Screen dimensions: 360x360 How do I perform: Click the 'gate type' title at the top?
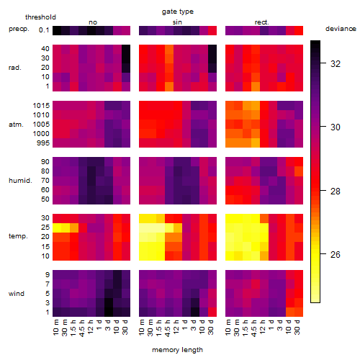pyautogui.click(x=178, y=12)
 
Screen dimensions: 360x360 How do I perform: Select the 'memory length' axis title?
pyautogui.click(x=178, y=350)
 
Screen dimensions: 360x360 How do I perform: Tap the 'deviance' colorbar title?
pyautogui.click(x=341, y=29)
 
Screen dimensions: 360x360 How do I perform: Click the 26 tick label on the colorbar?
pyautogui.click(x=336, y=254)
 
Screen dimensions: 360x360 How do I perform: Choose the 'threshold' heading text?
pyautogui.click(x=40, y=17)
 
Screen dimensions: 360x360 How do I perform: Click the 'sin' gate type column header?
pyautogui.click(x=177, y=22)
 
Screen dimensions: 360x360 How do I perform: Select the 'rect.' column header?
pyautogui.click(x=262, y=22)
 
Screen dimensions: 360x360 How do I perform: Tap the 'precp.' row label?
pyautogui.click(x=19, y=29)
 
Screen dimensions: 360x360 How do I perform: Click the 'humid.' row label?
pyautogui.click(x=20, y=180)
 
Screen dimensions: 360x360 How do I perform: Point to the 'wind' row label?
pyautogui.click(x=17, y=294)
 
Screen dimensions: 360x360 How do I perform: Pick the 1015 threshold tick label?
pyautogui.click(x=41, y=106)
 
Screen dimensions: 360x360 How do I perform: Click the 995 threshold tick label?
pyautogui.click(x=43, y=143)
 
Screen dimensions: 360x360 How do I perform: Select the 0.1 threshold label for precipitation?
pyautogui.click(x=44, y=30)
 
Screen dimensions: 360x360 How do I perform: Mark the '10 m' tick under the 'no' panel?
pyautogui.click(x=56, y=327)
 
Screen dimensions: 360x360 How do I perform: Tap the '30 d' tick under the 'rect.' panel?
pyautogui.click(x=297, y=327)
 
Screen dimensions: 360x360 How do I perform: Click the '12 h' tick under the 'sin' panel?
pyautogui.click(x=176, y=327)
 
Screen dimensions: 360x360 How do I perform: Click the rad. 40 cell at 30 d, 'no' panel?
pyautogui.click(x=126, y=49)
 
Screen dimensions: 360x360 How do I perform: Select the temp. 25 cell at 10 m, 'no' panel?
pyautogui.click(x=57, y=228)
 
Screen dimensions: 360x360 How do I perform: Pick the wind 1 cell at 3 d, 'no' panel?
pyautogui.click(x=109, y=312)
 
